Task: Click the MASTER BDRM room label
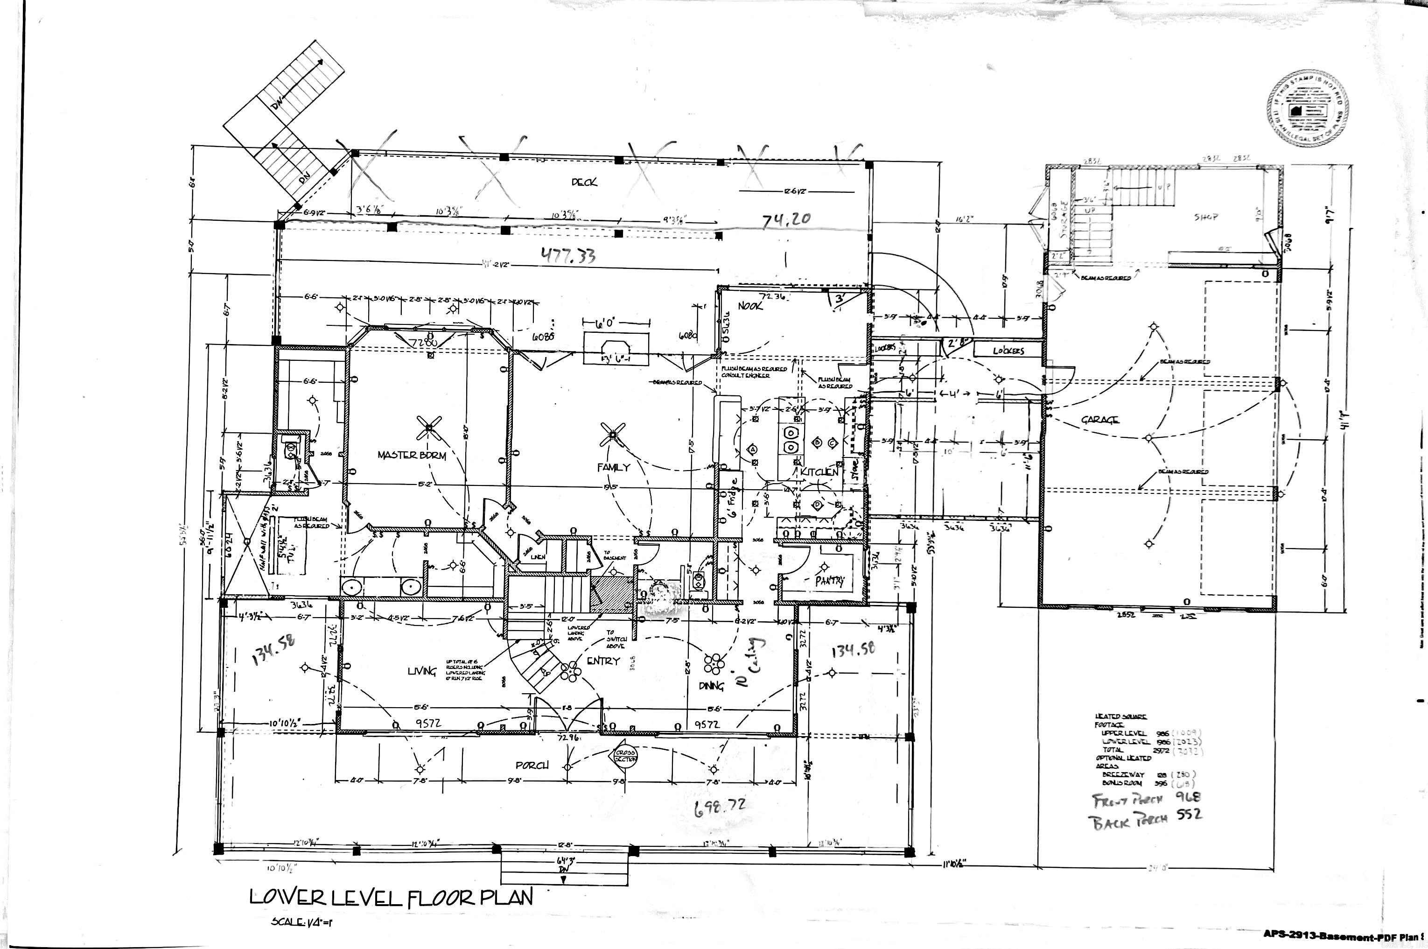click(412, 455)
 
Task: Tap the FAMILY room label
click(614, 467)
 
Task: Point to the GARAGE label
click(1100, 420)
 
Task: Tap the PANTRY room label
click(830, 581)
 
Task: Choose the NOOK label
click(750, 306)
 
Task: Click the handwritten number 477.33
click(567, 255)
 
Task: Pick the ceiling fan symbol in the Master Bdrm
click(429, 428)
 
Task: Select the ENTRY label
click(602, 661)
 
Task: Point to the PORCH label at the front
click(532, 766)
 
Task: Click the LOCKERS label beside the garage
click(1008, 351)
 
